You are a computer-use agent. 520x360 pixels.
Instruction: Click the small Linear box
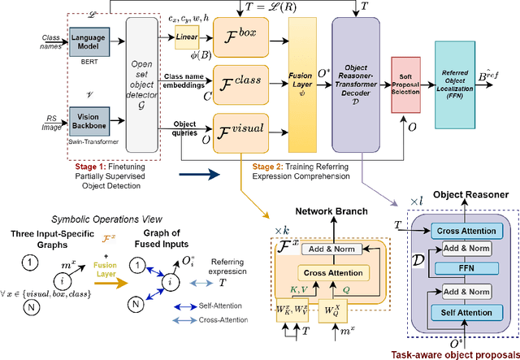tap(187, 36)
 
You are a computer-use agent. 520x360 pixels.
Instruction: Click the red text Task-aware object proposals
tap(457, 353)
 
